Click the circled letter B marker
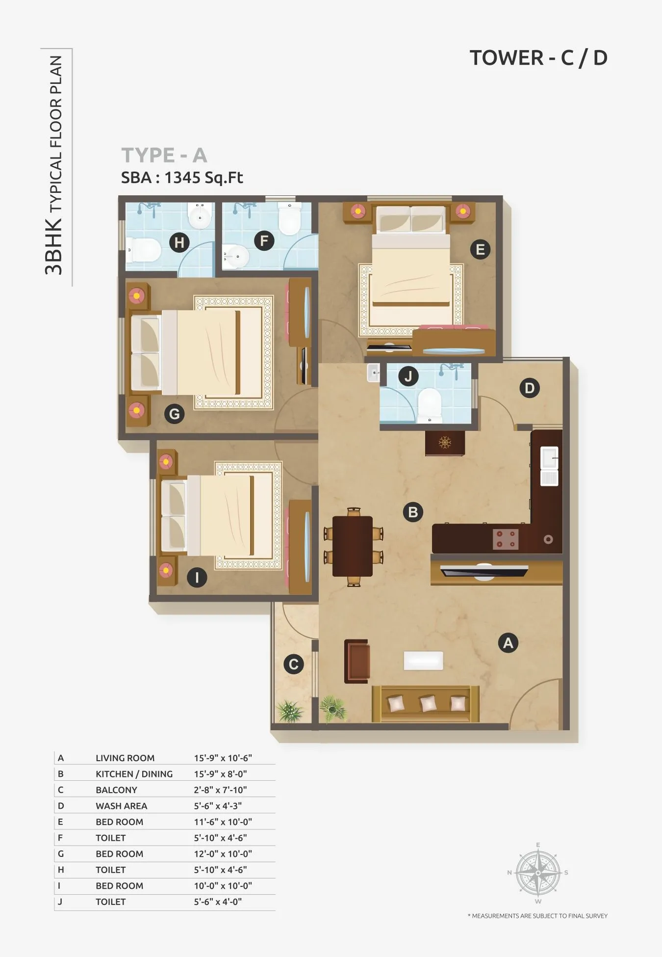point(413,512)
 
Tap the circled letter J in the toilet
point(408,377)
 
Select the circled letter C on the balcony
point(294,665)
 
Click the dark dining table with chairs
point(353,546)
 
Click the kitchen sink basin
point(549,458)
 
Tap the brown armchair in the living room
point(357,661)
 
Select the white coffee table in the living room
point(423,661)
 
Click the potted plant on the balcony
point(289,710)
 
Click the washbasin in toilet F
point(236,256)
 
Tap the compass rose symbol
point(538,873)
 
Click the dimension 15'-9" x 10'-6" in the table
point(223,758)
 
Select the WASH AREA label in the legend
point(121,806)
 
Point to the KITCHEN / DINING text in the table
point(134,774)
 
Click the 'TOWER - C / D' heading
point(538,58)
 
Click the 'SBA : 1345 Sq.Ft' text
point(182,178)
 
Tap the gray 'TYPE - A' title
point(164,156)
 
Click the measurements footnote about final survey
point(537,916)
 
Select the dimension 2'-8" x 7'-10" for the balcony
point(220,790)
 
